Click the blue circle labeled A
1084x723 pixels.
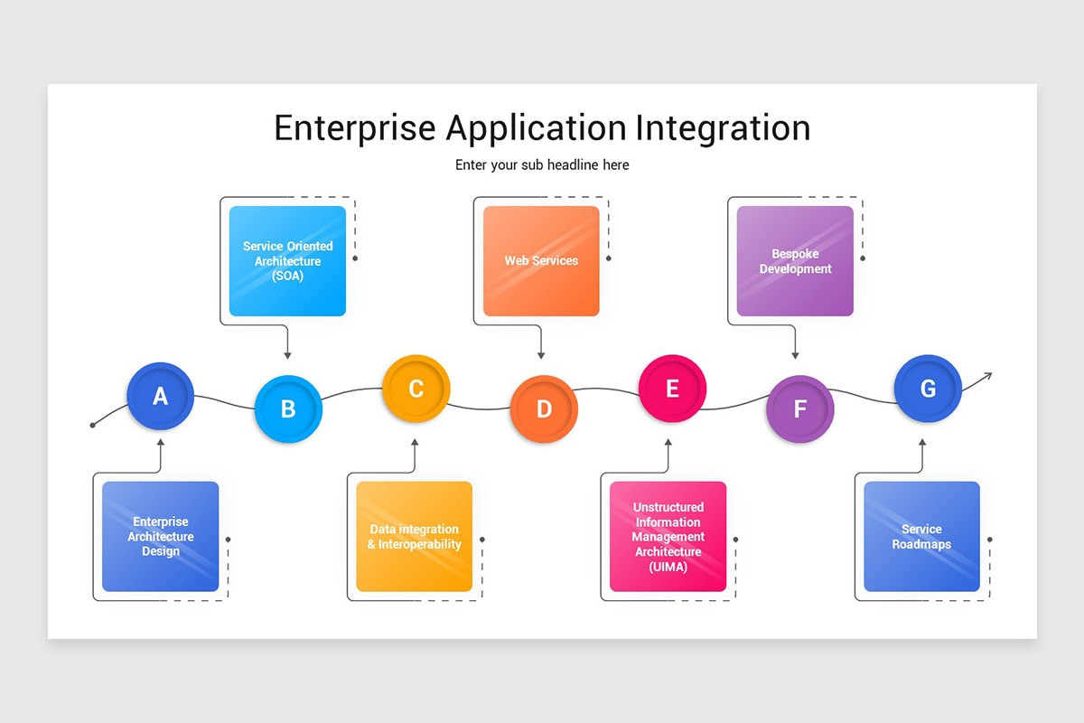point(161,396)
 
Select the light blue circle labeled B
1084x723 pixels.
point(288,408)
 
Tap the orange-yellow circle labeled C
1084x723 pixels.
point(416,389)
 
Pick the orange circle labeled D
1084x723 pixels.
point(544,408)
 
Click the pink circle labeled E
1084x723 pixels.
point(672,389)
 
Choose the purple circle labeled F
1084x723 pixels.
point(799,408)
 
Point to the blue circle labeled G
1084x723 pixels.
point(928,389)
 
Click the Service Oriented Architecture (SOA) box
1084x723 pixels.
point(287,261)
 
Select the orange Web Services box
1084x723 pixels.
point(541,261)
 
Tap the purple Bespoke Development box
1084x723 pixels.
point(795,261)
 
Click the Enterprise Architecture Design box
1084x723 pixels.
point(161,537)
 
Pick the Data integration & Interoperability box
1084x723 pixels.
point(414,537)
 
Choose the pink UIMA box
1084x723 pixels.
point(668,537)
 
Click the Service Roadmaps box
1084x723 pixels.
point(921,537)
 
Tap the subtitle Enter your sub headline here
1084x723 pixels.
point(542,165)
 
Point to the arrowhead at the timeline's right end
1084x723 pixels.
point(988,375)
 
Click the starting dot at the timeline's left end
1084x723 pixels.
point(92,425)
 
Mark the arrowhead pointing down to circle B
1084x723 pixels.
point(287,355)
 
